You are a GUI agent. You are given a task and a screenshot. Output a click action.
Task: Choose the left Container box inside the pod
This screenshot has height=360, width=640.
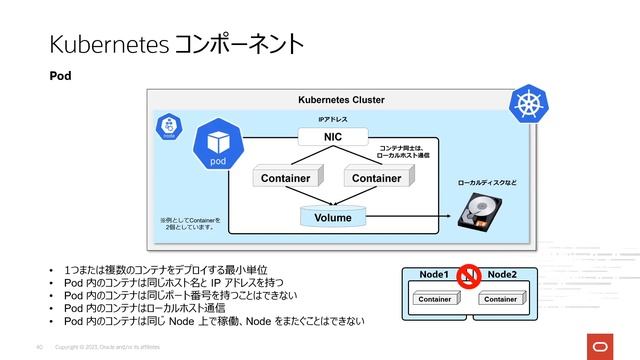285,178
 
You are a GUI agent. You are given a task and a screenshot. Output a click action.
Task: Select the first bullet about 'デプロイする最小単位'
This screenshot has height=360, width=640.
164,272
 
